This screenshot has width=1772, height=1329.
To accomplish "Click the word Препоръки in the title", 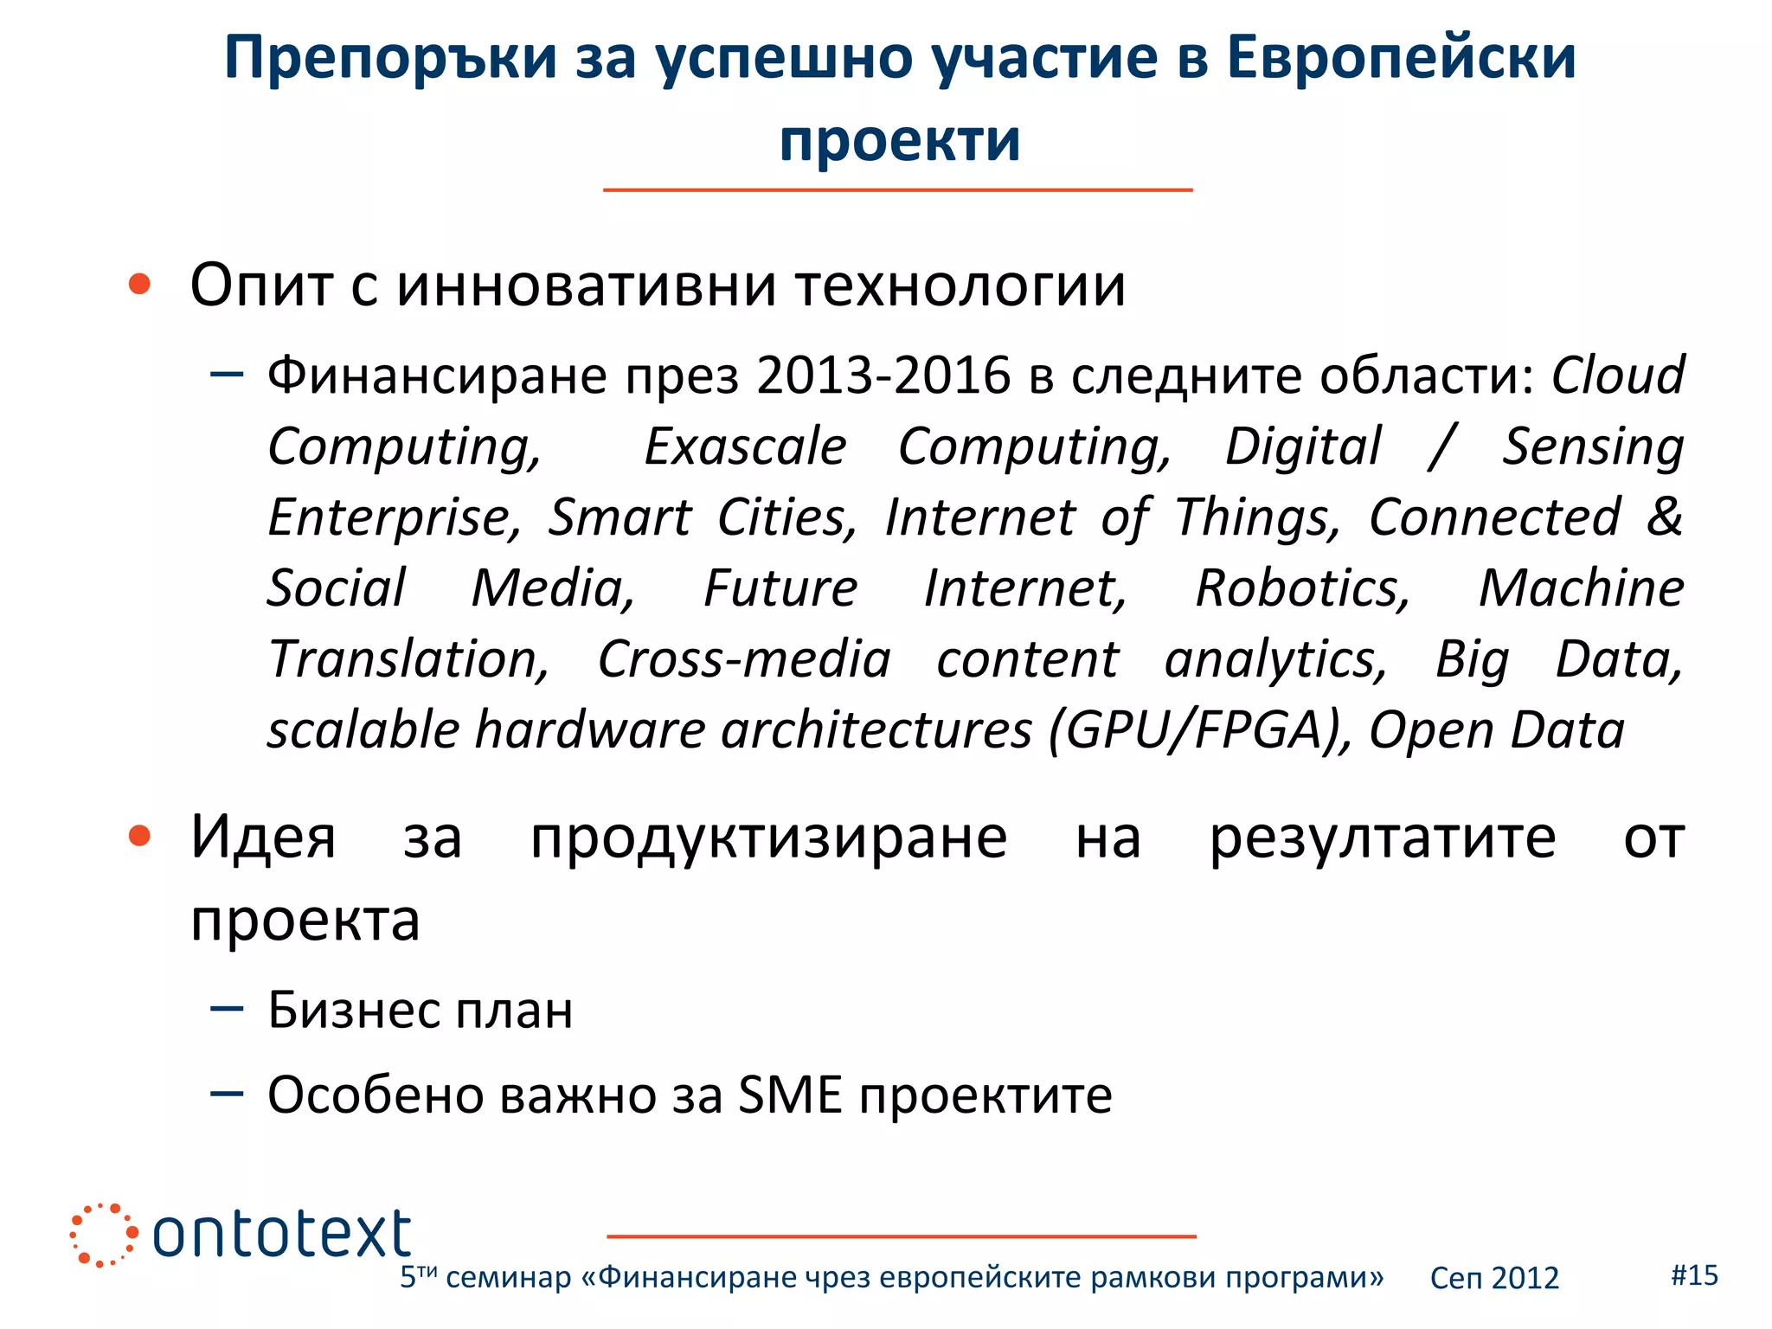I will (x=390, y=59).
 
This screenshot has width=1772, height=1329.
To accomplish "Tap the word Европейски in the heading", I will (x=1401, y=59).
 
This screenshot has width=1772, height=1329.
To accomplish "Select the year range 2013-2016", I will (x=883, y=376).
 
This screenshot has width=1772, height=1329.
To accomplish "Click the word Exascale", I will (x=745, y=447).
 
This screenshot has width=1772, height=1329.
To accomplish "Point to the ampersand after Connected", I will (x=1664, y=517).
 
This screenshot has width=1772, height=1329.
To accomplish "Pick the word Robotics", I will (x=1302, y=589).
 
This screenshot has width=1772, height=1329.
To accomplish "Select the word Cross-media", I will (x=744, y=660).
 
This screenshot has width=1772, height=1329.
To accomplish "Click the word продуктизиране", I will (x=768, y=838).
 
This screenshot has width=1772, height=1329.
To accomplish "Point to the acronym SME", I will (x=790, y=1095).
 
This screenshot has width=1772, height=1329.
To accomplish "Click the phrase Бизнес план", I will (x=421, y=1010).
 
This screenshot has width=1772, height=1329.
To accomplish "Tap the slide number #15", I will (x=1694, y=1274).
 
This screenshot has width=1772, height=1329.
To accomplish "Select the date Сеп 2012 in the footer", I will (x=1493, y=1278).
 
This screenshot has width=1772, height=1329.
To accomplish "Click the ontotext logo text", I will (x=282, y=1234).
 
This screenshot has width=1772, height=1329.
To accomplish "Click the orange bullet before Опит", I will (x=139, y=284).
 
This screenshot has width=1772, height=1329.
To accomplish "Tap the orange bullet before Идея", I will (x=139, y=837).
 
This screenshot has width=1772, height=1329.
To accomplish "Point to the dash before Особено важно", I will (x=227, y=1094).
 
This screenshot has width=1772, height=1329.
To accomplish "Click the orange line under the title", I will (x=897, y=189).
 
